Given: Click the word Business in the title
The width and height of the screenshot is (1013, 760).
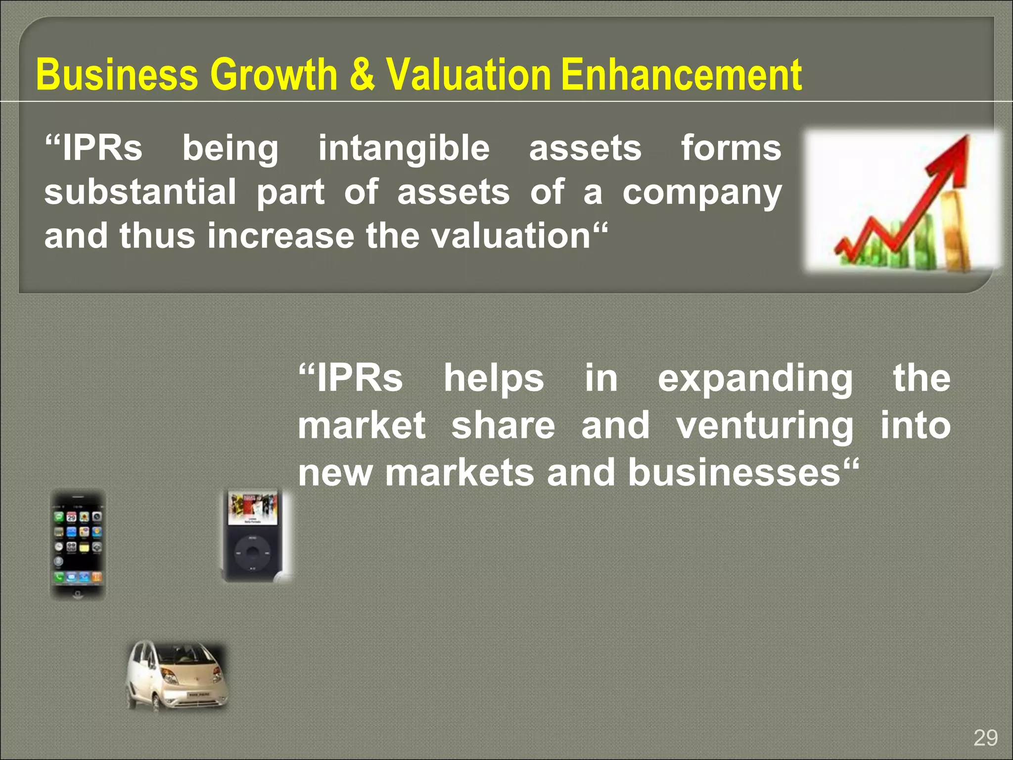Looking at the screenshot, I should click(x=117, y=75).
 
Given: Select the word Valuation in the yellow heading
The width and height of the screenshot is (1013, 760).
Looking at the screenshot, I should click(x=468, y=75).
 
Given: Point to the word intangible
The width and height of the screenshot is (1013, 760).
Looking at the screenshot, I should click(x=404, y=148).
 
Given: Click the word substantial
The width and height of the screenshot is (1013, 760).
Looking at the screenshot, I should click(x=140, y=192).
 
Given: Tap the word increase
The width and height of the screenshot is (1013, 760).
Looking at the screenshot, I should click(x=280, y=236).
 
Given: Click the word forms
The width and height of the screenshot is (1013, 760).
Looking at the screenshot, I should click(x=731, y=148).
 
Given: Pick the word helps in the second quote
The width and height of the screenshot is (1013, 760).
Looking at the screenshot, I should click(x=494, y=379).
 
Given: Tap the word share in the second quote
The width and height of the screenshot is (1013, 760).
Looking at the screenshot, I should click(x=503, y=426).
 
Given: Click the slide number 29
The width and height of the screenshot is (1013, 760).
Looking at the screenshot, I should click(x=985, y=738).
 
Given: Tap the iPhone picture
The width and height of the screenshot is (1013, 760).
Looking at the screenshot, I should click(x=78, y=544).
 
